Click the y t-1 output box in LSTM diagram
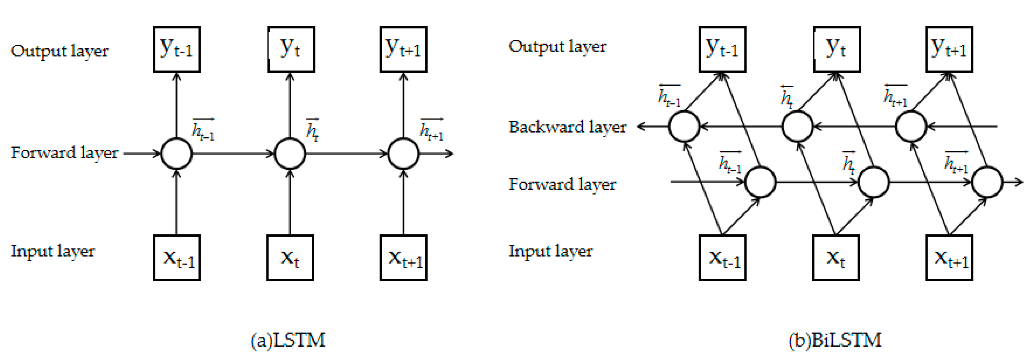pos(177,49)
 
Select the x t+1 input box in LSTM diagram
pos(404,257)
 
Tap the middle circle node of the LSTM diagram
pos(290,153)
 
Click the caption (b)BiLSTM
pos(835,340)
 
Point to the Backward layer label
pos(567,127)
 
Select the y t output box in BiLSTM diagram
pos(837,49)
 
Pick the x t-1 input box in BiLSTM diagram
pos(722,257)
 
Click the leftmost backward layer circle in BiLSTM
pos(684,127)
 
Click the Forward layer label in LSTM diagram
pos(64,153)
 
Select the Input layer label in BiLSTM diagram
pos(550,251)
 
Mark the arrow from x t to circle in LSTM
pos(290,202)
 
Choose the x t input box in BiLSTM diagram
pos(836,257)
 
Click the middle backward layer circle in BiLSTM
pos(798,127)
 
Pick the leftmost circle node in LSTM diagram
pos(176,153)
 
